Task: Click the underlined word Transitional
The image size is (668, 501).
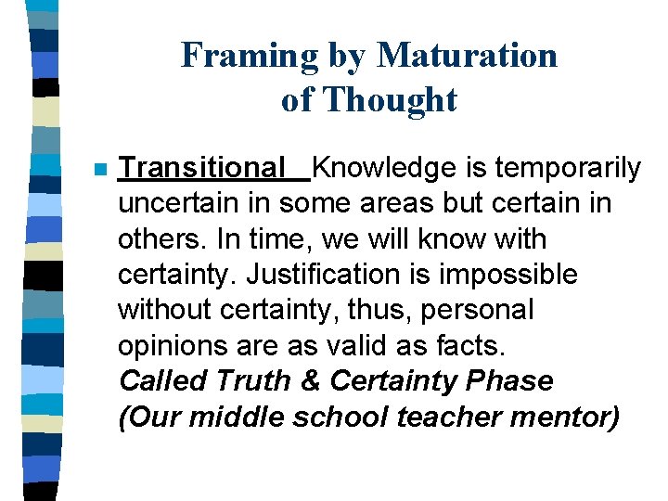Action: pyautogui.click(x=203, y=168)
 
